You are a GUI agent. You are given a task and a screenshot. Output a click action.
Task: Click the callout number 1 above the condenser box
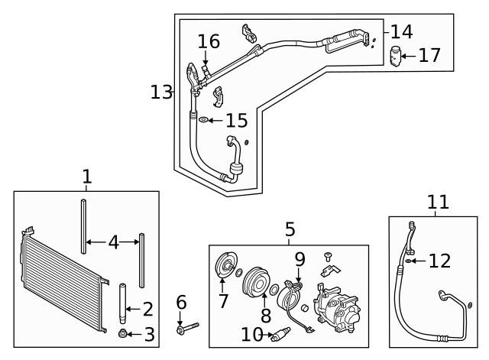[x=86, y=177]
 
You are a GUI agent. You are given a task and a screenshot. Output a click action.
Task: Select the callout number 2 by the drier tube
[x=147, y=310]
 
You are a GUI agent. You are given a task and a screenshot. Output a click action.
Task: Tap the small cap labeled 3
[x=122, y=334]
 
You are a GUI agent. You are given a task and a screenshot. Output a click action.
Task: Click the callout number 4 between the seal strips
[x=113, y=242]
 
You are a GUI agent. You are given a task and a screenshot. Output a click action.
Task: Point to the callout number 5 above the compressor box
[x=290, y=229]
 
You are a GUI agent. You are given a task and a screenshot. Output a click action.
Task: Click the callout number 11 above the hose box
[x=438, y=202]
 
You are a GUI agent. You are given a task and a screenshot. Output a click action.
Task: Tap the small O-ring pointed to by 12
[x=411, y=261]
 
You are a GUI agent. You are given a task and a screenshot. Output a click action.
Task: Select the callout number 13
[x=161, y=92]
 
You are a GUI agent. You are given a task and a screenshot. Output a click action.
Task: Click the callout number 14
[x=401, y=31]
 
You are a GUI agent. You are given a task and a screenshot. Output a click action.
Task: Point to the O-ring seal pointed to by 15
[x=203, y=120]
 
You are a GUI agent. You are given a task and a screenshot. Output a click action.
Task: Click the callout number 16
[x=209, y=41]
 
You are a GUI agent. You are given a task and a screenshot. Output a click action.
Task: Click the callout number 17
[x=429, y=55]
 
